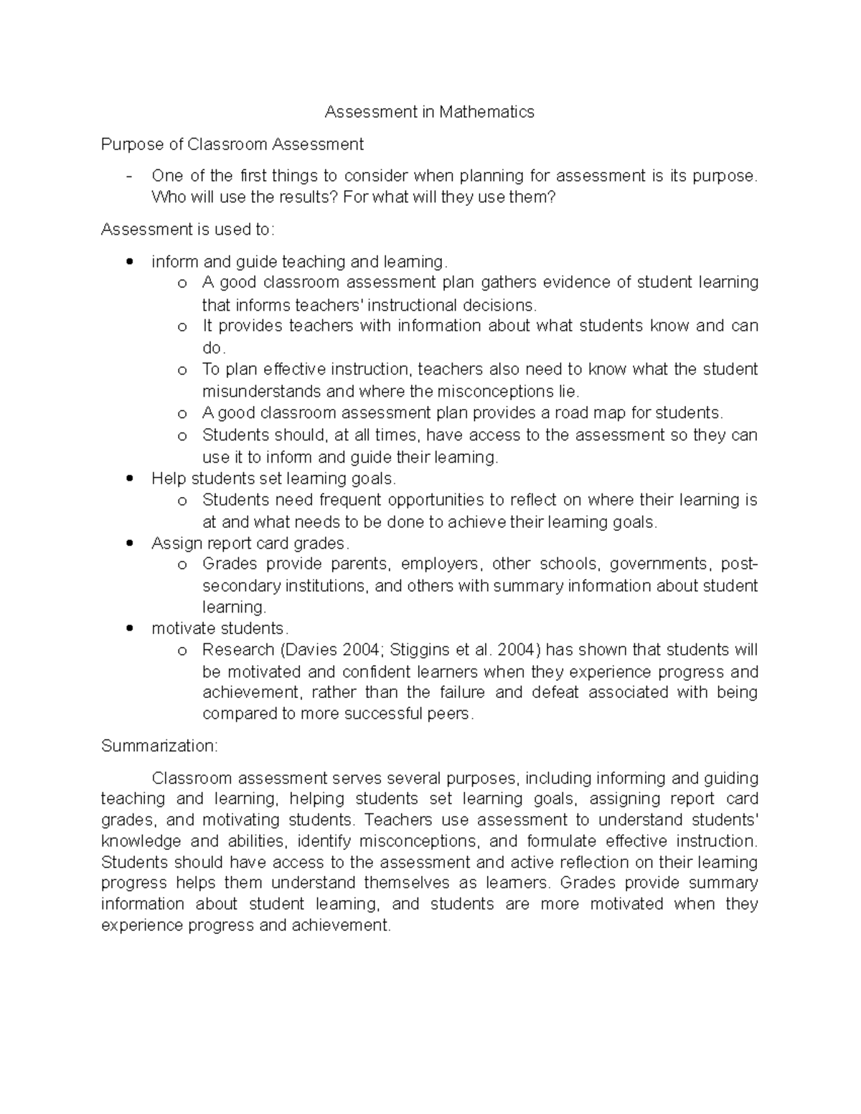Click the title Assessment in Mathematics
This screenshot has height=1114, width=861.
429,112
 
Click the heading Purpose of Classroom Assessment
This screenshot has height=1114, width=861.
232,144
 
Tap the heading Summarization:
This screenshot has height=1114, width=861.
159,746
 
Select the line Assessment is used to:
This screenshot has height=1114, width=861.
187,230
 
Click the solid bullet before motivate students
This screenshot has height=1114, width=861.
129,628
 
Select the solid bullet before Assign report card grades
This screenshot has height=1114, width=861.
129,543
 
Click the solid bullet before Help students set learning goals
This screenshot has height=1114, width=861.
129,478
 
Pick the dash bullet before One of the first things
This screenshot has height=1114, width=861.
129,176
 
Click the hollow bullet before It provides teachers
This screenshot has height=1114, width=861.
182,327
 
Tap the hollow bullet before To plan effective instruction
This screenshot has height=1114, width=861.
182,370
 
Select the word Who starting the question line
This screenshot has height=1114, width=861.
167,197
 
